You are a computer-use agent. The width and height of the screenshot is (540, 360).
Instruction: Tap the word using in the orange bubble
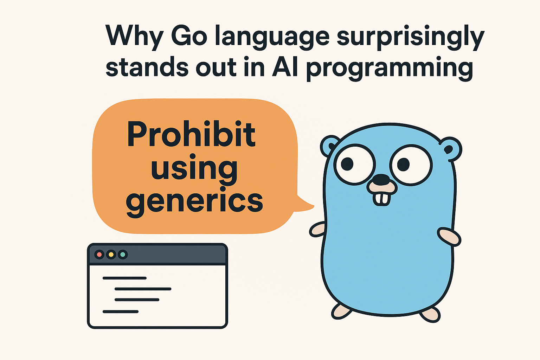pyautogui.click(x=194, y=169)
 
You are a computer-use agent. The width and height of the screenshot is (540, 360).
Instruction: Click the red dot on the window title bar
pyautogui.click(x=99, y=255)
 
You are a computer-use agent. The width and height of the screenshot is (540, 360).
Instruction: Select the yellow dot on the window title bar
pyautogui.click(x=111, y=255)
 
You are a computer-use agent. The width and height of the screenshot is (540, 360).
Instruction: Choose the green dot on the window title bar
pyautogui.click(x=123, y=255)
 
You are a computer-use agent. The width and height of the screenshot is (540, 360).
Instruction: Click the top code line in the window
pyautogui.click(x=125, y=278)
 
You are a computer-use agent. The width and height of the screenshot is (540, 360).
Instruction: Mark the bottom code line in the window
pyautogui.click(x=121, y=311)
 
